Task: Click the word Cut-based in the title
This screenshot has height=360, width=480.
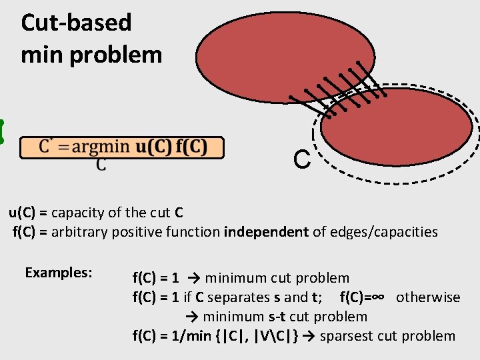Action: (x=77, y=23)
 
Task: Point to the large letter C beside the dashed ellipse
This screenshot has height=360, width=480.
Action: (x=301, y=160)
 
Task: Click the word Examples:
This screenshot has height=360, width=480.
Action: (x=59, y=273)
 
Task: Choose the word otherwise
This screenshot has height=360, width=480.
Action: (x=428, y=297)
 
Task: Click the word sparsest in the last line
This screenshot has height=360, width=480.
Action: (x=347, y=336)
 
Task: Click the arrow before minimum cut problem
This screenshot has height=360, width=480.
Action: (x=195, y=278)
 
